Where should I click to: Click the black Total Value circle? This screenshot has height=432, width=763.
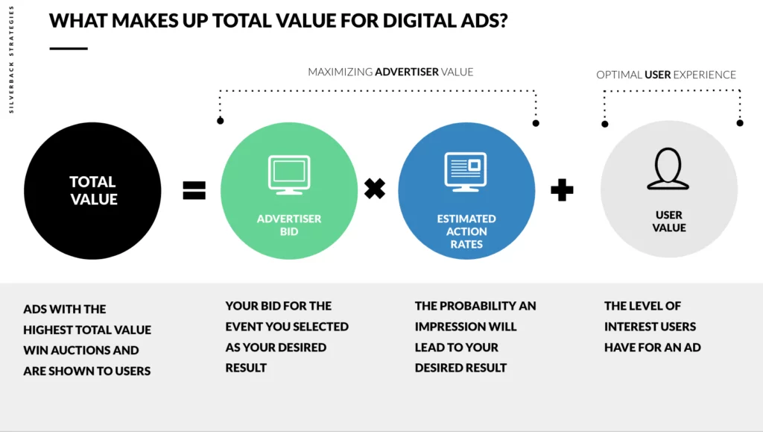pos(92,190)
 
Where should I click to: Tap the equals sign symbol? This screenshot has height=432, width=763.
pos(194,190)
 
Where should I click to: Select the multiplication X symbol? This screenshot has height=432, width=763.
pos(375,189)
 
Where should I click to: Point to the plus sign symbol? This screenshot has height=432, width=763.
pos(562,190)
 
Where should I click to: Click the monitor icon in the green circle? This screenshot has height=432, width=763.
pos(289,175)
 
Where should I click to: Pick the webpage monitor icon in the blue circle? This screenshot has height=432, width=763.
pos(466,172)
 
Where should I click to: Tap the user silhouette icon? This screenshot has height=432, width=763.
pos(668,169)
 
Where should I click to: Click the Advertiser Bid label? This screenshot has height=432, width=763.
pos(289,225)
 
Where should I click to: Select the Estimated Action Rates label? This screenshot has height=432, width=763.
pos(466,231)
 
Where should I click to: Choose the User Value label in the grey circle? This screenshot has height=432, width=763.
pos(669,221)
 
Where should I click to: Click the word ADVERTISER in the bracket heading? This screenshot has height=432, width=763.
pos(407,72)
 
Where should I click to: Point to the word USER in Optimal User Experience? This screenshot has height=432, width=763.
pos(657,75)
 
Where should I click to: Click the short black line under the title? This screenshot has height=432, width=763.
pos(69,48)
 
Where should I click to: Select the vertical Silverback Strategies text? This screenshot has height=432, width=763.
pos(11,60)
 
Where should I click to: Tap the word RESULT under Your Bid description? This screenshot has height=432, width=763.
pos(246,368)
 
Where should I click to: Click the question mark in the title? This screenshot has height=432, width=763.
pos(503,20)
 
